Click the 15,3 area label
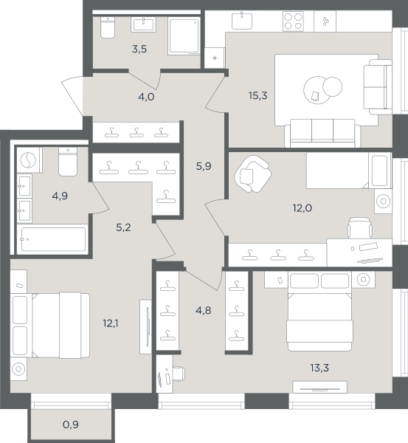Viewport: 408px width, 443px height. point(257,96)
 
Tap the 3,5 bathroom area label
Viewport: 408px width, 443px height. point(139,49)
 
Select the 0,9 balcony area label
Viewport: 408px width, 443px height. point(71,425)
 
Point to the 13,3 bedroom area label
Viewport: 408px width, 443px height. point(319,368)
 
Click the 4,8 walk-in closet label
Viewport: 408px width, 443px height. point(204,311)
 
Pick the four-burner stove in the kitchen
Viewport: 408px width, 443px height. point(293,21)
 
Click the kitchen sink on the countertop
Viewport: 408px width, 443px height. point(242,21)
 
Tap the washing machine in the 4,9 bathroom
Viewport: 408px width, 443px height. point(28,160)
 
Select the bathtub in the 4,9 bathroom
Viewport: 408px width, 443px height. point(53,239)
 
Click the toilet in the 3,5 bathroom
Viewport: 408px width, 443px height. point(108,27)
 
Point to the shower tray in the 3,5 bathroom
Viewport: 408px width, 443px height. point(184,36)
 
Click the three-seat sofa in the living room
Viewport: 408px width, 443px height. point(322,133)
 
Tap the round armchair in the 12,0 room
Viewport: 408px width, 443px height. point(253,174)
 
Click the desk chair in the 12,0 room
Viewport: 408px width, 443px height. point(359,227)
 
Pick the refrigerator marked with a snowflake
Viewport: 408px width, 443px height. point(215,58)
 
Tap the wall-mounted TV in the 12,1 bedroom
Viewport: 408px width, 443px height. point(148,326)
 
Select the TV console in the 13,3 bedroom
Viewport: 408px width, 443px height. point(320,387)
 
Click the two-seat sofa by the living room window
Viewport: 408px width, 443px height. point(378,86)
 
